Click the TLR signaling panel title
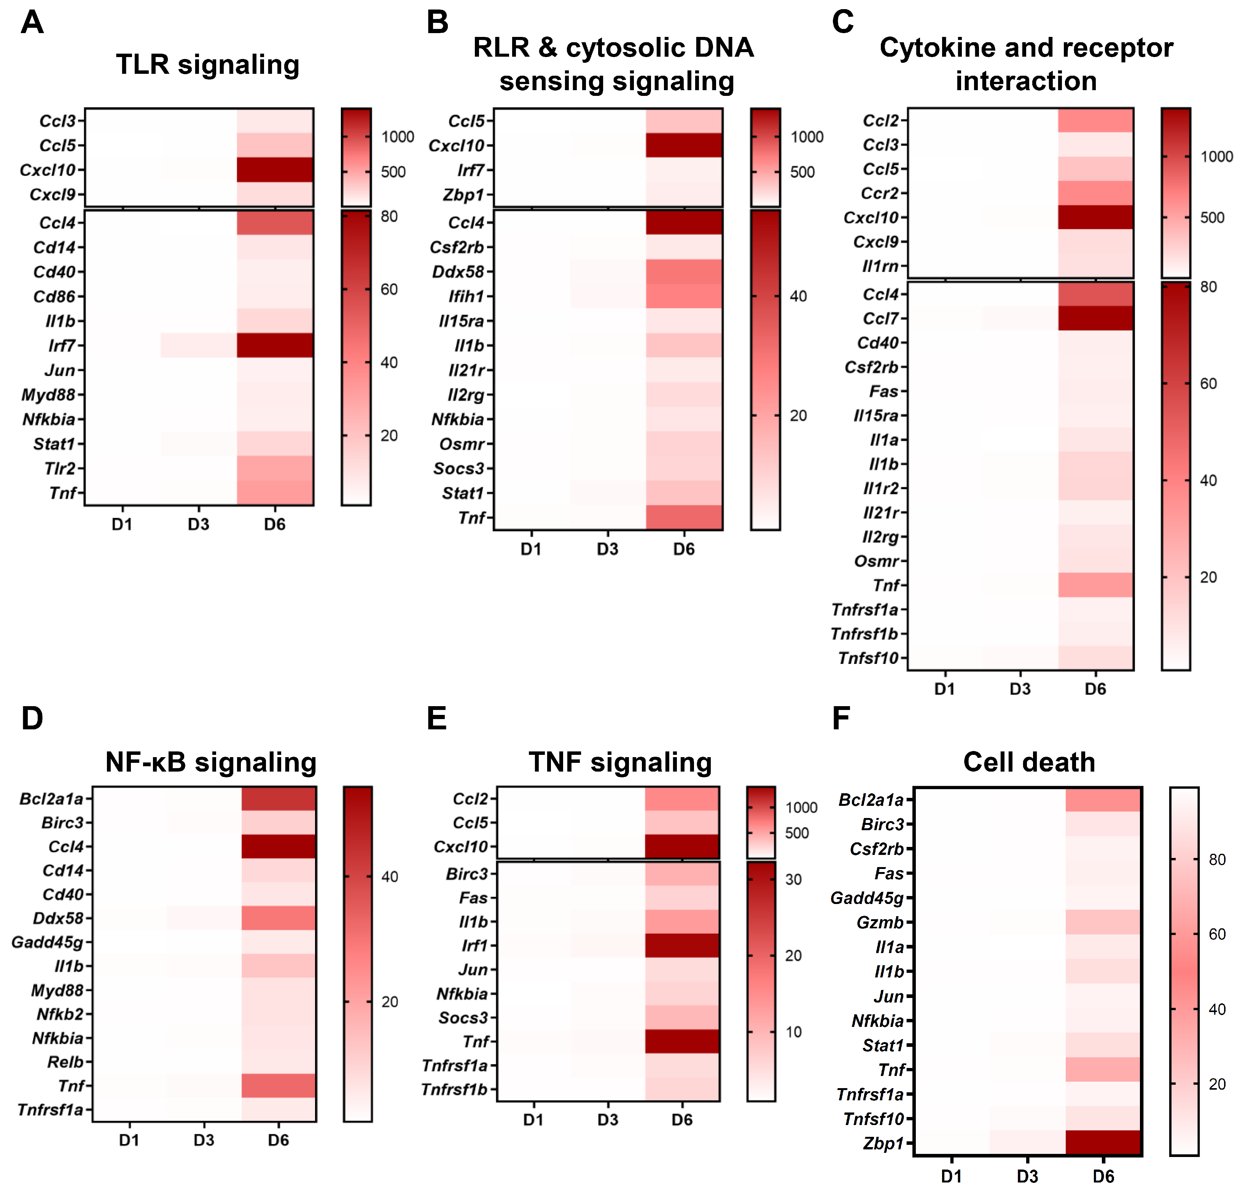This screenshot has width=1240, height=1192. (207, 65)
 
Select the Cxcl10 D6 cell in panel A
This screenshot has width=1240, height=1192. (275, 170)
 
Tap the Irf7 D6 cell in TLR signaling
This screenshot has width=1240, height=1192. (275, 345)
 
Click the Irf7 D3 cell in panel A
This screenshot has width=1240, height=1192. (199, 345)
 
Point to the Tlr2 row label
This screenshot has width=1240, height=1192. (60, 468)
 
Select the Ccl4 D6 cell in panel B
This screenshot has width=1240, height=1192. (684, 223)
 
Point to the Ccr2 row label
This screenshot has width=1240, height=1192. (879, 193)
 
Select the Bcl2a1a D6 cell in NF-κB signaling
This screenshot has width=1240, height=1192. (279, 799)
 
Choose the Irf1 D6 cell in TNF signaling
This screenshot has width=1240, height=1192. (682, 945)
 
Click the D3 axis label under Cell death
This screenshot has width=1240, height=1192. (1027, 1176)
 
